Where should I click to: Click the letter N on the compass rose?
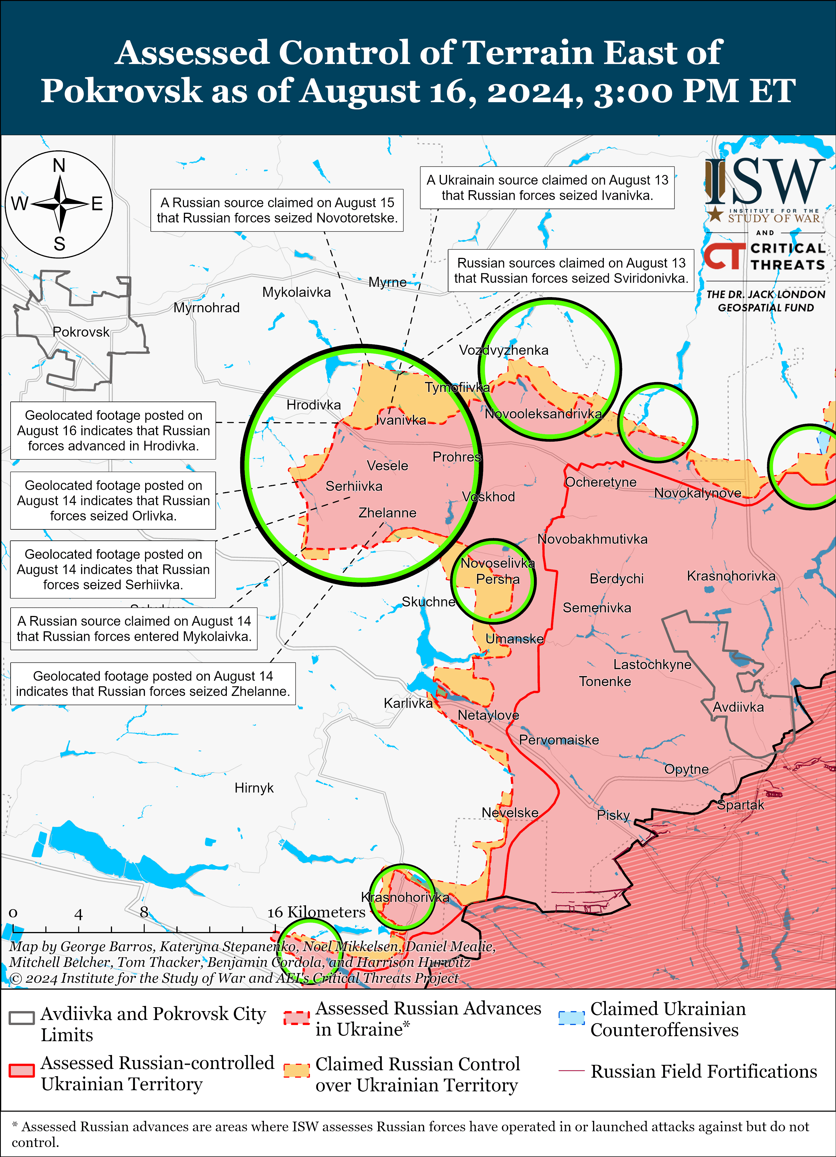[x=59, y=165]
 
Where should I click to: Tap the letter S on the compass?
[x=59, y=244]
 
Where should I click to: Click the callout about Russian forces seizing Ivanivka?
[x=547, y=188]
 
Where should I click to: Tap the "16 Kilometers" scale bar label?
[x=317, y=912]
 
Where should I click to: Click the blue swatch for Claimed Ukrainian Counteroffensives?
[x=571, y=1018]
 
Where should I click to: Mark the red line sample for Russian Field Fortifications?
[x=571, y=1071]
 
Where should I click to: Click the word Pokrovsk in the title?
[x=121, y=91]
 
